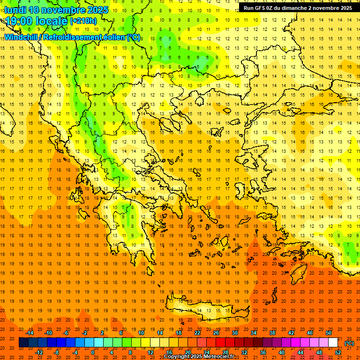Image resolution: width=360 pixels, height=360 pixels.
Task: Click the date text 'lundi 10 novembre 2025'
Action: click(x=56, y=10)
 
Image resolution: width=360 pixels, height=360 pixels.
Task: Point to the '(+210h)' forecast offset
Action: click(x=83, y=21)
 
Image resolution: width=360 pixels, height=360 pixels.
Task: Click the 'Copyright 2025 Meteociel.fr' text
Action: click(x=199, y=357)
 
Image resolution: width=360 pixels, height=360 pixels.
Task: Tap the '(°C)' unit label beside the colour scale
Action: click(x=349, y=343)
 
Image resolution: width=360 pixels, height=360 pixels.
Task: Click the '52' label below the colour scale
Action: click(x=338, y=352)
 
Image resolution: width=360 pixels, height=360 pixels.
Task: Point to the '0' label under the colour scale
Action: click(x=92, y=352)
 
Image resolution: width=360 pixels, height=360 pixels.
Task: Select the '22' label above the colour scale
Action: click(x=197, y=333)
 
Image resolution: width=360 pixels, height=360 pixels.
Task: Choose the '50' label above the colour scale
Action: click(x=329, y=333)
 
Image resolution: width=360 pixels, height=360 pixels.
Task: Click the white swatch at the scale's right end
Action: click(x=333, y=343)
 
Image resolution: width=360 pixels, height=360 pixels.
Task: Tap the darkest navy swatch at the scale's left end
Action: click(x=23, y=343)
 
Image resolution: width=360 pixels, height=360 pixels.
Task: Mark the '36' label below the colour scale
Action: click(x=263, y=352)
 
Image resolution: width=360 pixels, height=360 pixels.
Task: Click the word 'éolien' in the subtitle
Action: click(x=111, y=37)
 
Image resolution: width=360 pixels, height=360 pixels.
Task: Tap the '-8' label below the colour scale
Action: click(x=57, y=352)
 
